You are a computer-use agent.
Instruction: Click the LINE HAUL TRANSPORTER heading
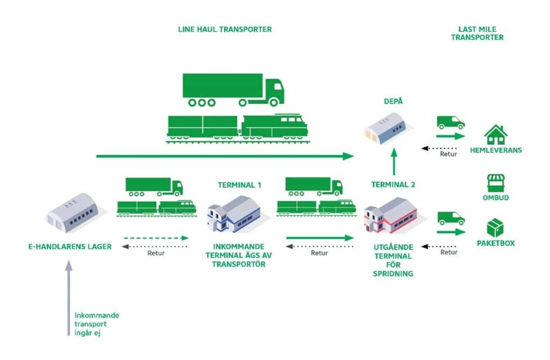pos(225,30)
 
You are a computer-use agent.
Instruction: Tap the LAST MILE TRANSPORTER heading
pos(477,33)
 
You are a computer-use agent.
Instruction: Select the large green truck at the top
pos(233,90)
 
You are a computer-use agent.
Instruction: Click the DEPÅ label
pos(393,101)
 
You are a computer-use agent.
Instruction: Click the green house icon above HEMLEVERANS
pos(496,135)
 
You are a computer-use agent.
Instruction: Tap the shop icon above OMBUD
pos(496,183)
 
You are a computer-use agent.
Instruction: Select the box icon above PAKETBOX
pos(495,227)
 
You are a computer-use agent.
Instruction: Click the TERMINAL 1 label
pos(240,185)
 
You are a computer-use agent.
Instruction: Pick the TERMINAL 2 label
pos(393,184)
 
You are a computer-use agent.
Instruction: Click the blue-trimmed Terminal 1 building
pos(234,214)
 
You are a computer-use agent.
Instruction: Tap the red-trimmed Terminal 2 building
pos(390,215)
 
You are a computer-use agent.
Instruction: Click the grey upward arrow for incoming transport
pos(69,298)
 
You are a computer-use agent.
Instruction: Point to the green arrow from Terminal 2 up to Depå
pos(394,162)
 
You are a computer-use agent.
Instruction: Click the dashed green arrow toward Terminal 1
pos(156,238)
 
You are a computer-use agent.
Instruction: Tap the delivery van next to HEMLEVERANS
pos(451,123)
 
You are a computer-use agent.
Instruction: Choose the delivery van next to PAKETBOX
pos(451,218)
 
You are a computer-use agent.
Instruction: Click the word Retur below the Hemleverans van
pos(448,154)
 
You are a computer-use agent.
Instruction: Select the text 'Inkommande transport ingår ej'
pos(97,324)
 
